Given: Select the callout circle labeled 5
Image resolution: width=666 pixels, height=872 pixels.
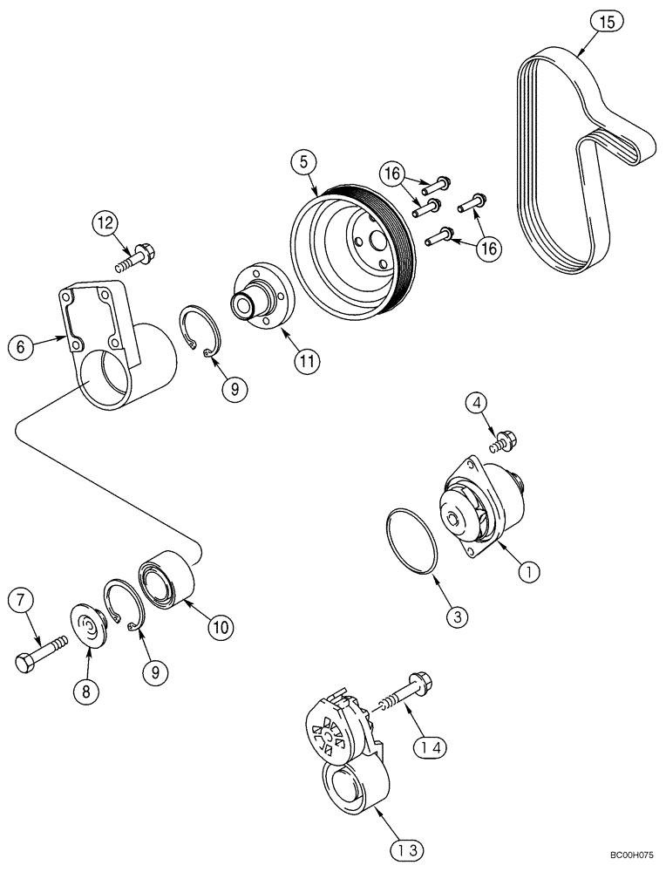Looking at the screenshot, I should (302, 160).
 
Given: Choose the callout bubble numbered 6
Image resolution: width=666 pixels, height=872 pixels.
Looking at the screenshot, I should (22, 346).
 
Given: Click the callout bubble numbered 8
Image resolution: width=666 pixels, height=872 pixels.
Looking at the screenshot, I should (85, 691).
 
